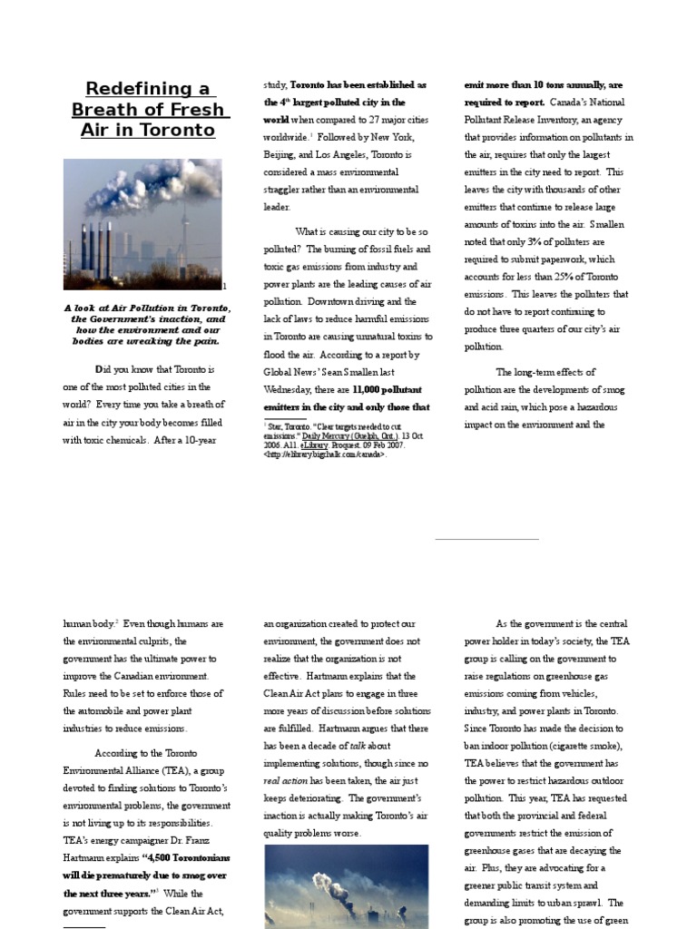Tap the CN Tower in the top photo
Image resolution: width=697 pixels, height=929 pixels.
coord(182,231)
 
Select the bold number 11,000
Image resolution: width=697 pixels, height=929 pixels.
coord(372,389)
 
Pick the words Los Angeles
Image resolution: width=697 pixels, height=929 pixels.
coord(340,155)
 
